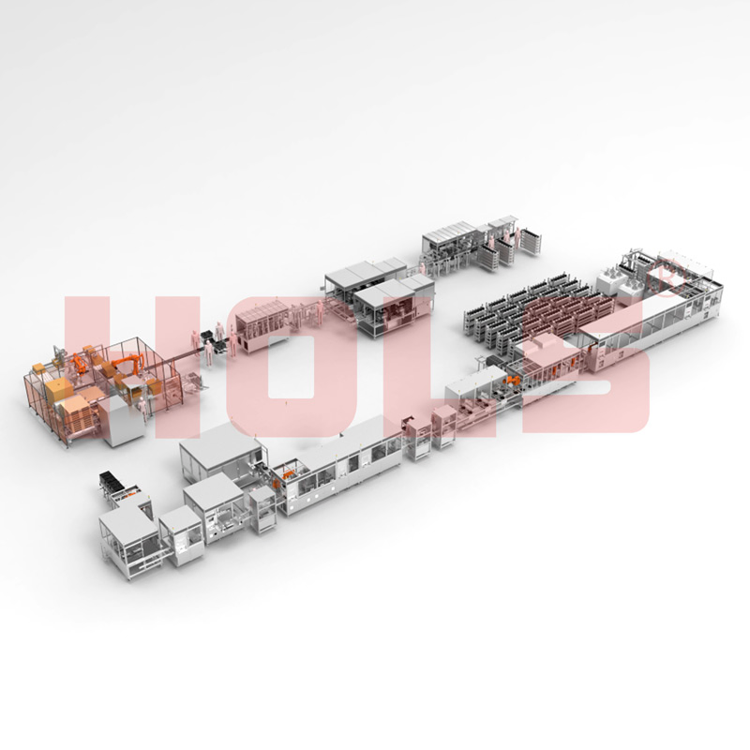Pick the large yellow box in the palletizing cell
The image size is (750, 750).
[x=58, y=391]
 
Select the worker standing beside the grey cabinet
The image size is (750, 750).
[x=142, y=412]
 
